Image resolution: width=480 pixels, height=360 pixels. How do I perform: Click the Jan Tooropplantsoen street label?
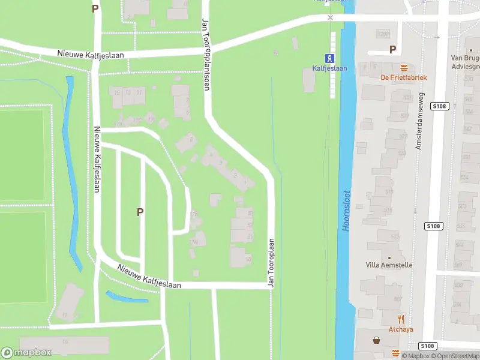coord(206,54)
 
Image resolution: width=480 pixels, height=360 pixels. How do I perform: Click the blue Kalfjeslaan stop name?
coord(329,68)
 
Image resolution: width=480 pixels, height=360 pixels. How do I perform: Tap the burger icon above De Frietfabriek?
coord(404,67)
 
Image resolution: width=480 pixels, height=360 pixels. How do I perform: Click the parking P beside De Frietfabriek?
coord(393,50)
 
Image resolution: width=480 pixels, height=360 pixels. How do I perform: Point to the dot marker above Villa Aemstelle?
coord(388,257)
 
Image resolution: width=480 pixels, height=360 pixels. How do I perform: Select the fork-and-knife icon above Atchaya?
coord(401,319)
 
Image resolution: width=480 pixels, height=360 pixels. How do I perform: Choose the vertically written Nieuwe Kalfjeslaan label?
coord(96,158)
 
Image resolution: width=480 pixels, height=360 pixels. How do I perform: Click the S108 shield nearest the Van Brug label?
coord(440,106)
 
